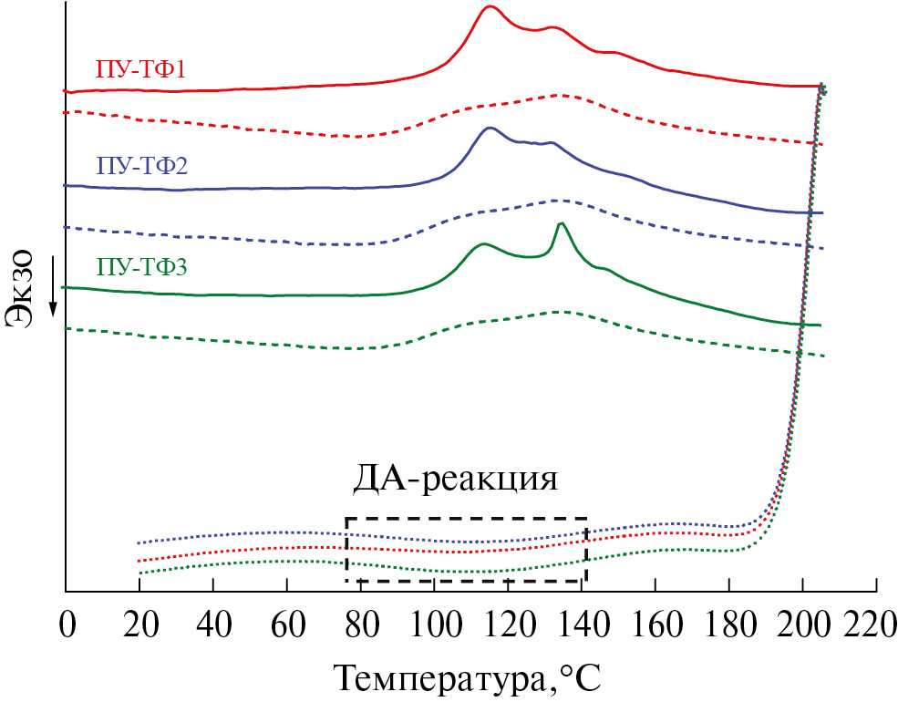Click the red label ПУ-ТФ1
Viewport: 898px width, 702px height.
pyautogui.click(x=140, y=68)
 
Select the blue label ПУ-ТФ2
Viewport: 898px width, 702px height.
pyautogui.click(x=141, y=166)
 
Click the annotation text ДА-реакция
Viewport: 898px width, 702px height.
pyautogui.click(x=455, y=480)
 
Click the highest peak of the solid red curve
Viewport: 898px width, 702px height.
pyautogui.click(x=490, y=6)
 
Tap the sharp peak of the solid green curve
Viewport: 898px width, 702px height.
pyautogui.click(x=561, y=223)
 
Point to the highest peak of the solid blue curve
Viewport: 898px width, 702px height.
pyautogui.click(x=490, y=128)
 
